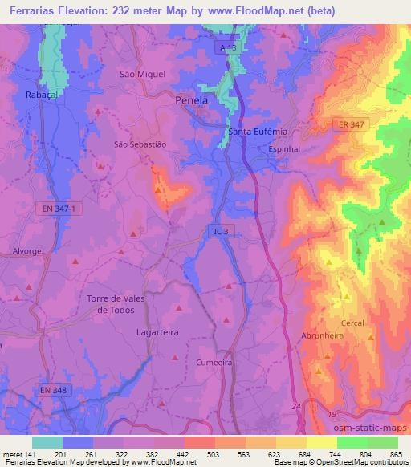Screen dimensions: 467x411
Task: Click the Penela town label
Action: (191, 101)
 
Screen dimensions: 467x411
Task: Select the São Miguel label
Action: (142, 74)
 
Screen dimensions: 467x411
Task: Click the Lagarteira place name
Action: (157, 331)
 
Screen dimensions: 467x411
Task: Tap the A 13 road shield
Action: (230, 50)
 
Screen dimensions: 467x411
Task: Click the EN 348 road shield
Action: (54, 390)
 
